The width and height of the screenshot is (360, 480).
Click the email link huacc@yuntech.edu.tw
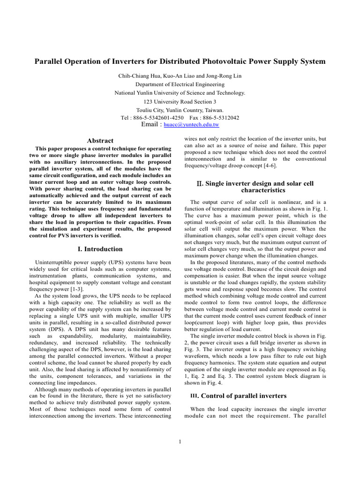191,125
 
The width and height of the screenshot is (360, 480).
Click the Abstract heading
100,141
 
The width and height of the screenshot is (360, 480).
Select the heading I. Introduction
100,249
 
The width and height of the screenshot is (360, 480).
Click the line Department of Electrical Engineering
180,84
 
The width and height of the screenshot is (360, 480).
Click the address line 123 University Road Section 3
180,101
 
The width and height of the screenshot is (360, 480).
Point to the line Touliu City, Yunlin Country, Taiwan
180,110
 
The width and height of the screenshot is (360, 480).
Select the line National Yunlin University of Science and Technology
180,93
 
